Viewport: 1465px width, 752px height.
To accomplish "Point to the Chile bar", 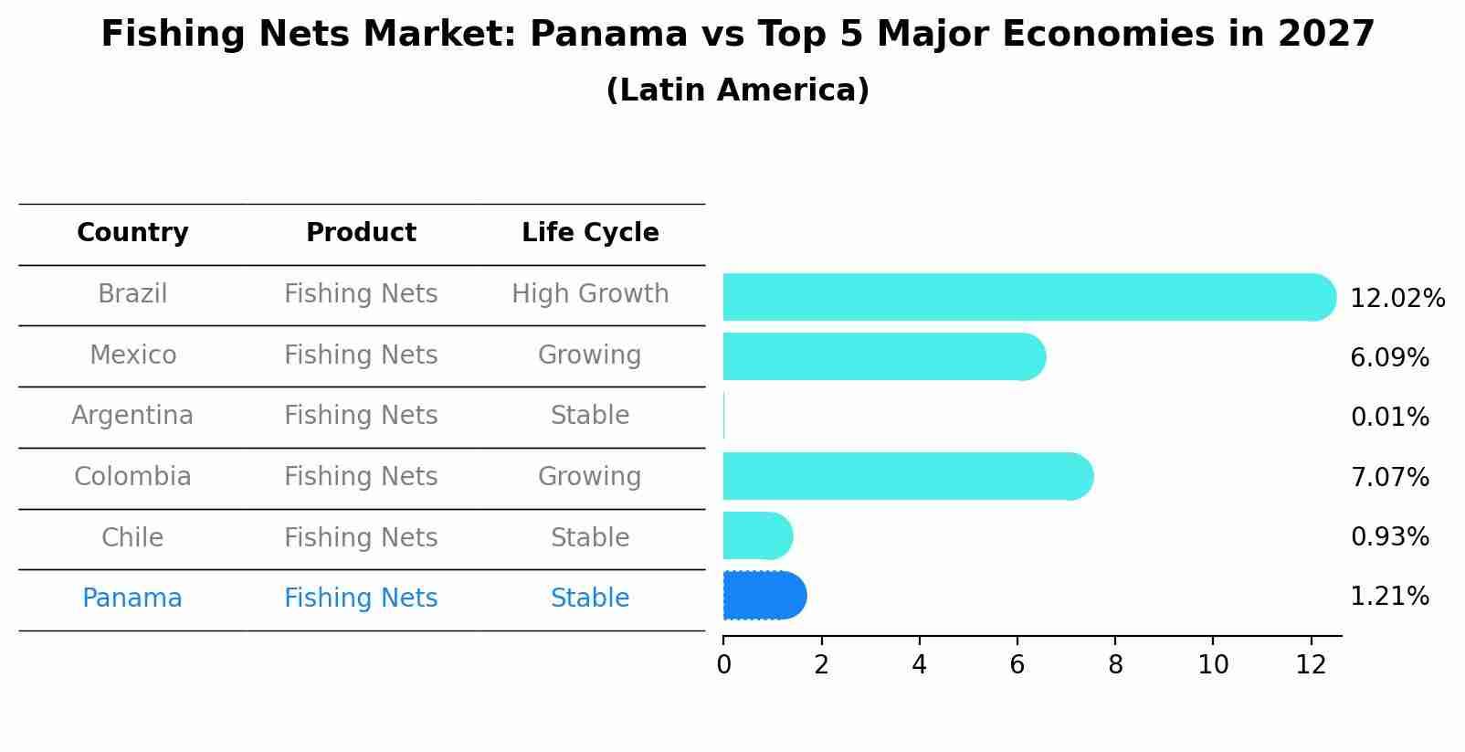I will pos(757,535).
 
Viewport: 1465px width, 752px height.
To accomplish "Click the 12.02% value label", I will pos(1396,299).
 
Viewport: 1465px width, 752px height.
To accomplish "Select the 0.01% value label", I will pos(1389,418).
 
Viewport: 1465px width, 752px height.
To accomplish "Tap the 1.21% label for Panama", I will pos(1389,597).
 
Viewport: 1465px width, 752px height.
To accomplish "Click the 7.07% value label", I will pos(1389,477).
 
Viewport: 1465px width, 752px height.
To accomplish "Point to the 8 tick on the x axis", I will pos(1115,665).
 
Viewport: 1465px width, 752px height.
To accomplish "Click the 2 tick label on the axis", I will pos(821,665).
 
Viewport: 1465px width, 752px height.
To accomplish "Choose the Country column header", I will pos(132,233).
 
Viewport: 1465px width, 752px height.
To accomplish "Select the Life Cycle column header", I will pos(590,233).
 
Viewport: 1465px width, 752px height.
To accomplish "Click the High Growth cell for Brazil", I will pos(590,294).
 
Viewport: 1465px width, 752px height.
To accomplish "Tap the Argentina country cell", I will pos(132,416).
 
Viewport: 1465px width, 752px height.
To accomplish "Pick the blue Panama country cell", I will pos(132,598).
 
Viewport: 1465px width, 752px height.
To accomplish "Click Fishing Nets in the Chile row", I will pos(361,537).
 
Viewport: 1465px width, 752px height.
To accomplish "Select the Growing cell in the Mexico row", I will pos(590,355).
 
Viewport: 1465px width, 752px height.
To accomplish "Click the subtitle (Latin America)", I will pos(737,90).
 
